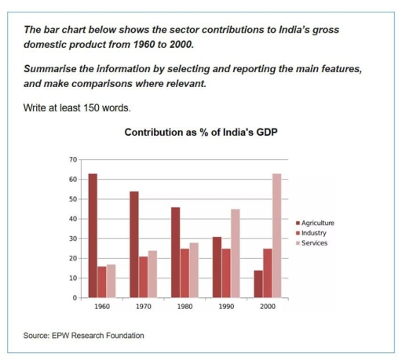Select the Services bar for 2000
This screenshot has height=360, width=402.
276,235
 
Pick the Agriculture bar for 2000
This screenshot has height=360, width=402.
258,284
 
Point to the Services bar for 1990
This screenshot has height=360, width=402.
235,253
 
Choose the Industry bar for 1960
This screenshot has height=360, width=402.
102,282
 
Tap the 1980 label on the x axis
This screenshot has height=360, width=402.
185,308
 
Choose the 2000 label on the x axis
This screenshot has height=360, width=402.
267,308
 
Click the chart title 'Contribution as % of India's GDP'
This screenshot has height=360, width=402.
201,134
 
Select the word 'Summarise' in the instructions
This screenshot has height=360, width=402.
50,71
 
